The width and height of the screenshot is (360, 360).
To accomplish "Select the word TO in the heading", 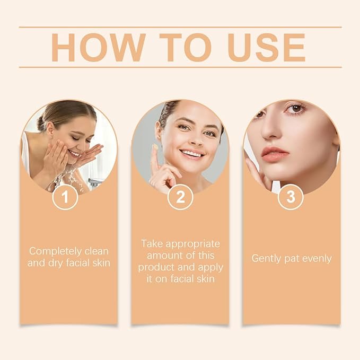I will point(179,47).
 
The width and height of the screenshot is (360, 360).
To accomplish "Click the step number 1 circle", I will point(65,197).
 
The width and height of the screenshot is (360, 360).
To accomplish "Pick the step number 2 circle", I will point(180,197).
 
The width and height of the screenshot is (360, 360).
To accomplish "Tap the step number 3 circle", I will point(290,197).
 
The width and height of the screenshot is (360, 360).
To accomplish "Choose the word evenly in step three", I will point(316,259).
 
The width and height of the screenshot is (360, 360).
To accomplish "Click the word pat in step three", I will point(291,259).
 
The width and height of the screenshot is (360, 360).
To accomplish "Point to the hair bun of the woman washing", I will point(41,123).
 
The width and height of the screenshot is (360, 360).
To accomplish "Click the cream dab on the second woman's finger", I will point(155,147).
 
